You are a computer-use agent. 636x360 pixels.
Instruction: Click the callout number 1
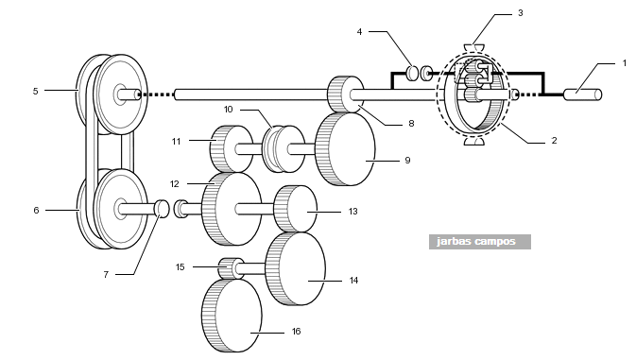pyautogui.click(x=625, y=63)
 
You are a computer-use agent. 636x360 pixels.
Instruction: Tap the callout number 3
pyautogui.click(x=521, y=13)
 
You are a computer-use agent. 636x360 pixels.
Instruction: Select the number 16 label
pyautogui.click(x=296, y=332)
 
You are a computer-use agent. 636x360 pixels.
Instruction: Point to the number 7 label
pyautogui.click(x=106, y=274)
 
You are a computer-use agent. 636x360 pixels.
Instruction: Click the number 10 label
pyautogui.click(x=229, y=110)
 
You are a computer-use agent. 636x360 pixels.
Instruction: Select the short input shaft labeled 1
pyautogui.click(x=583, y=94)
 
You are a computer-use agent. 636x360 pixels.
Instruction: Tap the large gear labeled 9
pyautogui.click(x=345, y=149)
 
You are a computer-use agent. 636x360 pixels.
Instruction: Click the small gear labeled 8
pyautogui.click(x=345, y=94)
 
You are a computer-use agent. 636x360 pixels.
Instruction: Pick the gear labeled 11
pyautogui.click(x=231, y=148)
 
